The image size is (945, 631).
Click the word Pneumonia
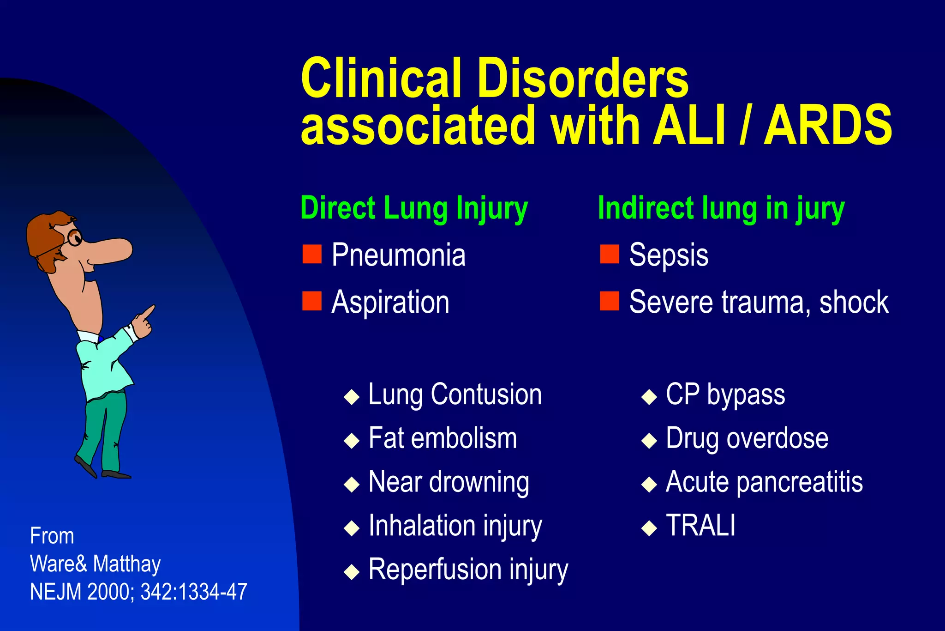coord(398,255)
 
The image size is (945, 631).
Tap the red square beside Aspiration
coord(312,301)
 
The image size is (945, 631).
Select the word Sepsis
coord(669,255)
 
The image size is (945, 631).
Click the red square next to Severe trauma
coord(609,301)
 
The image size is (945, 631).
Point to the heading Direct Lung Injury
coord(414,209)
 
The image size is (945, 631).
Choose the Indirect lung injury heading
coord(721,209)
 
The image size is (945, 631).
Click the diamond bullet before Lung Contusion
coord(352,396)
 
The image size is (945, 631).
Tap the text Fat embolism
coord(443,438)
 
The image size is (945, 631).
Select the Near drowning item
coord(449,482)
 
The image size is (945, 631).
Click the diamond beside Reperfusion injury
coord(352,571)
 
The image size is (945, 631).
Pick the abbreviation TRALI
coord(700,525)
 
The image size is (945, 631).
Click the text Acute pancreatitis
coord(764,482)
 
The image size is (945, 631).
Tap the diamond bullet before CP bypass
coord(649,396)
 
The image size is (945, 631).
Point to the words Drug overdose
coord(747,438)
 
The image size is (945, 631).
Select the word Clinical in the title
coord(381,79)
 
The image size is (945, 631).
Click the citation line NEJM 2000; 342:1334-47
coord(138,592)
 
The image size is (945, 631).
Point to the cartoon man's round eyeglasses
coord(74,237)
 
